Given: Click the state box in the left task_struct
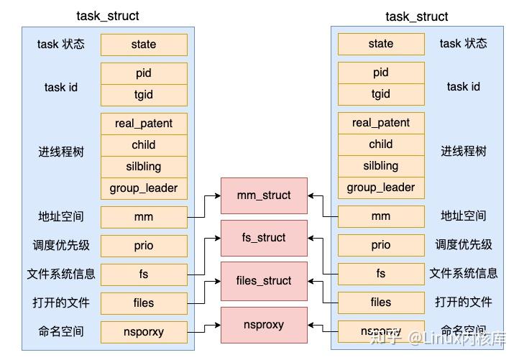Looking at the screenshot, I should [x=144, y=45].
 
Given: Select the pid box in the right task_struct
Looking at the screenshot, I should [x=381, y=73].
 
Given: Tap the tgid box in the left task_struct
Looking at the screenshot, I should [x=144, y=95].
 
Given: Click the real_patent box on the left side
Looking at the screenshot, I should [x=144, y=124].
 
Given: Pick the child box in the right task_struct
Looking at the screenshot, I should [x=381, y=144].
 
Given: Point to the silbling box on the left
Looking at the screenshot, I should [x=144, y=167].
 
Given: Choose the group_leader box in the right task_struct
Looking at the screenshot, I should [x=381, y=188].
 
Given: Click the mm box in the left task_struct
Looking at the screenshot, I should [x=144, y=217].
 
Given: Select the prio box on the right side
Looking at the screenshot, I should [x=381, y=245].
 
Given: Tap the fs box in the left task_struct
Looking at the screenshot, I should [x=144, y=274].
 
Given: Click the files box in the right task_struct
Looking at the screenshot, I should [x=381, y=303].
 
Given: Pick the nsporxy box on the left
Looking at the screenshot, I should [x=144, y=332].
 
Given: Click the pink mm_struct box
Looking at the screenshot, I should [x=264, y=195].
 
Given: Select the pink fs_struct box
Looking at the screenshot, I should [x=264, y=238].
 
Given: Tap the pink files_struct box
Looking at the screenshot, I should [x=264, y=281].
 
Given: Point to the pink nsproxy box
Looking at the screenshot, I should [x=264, y=325].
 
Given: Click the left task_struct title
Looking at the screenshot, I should [x=108, y=16].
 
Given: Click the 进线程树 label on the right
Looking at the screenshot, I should [x=464, y=152].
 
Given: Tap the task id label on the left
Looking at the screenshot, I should [x=61, y=88].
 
